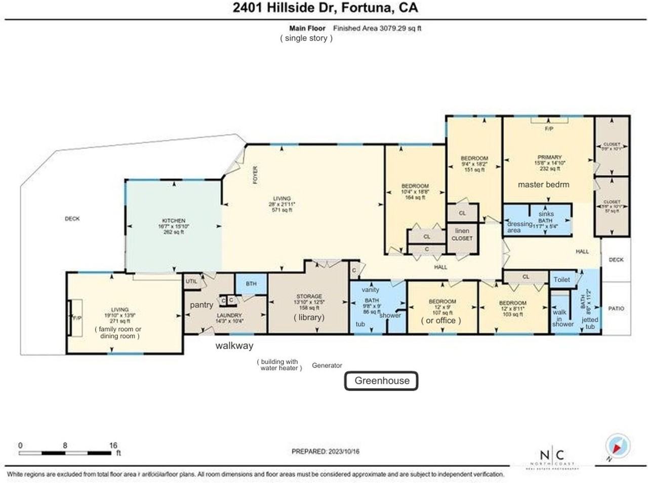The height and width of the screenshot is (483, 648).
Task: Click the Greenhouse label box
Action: [x=381, y=381]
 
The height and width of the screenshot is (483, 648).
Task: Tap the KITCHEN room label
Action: [x=174, y=221]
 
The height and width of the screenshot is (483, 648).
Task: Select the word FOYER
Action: [x=256, y=175]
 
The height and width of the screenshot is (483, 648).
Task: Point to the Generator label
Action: [x=327, y=365]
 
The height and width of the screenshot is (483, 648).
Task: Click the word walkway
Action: [x=234, y=346]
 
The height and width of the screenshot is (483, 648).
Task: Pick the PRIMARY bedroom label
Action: [x=549, y=157]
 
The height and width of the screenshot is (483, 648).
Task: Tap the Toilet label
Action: [x=561, y=279]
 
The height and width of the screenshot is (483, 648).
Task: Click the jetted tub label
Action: [x=590, y=323]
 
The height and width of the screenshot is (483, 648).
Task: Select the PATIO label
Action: [x=616, y=308]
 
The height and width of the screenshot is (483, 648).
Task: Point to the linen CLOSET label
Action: [x=462, y=234]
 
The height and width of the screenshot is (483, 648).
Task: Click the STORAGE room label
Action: [x=309, y=296]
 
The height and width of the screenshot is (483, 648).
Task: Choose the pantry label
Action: [x=201, y=305]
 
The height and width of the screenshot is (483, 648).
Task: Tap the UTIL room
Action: [x=191, y=281]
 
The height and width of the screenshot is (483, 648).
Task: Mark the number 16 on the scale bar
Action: [x=113, y=446]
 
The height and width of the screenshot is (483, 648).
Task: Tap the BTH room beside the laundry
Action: [x=251, y=284]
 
